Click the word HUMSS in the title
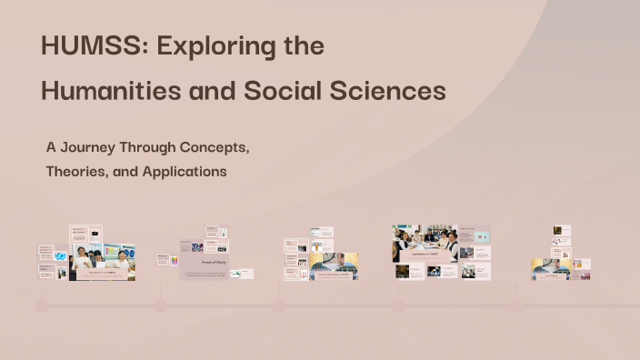click(x=80, y=47)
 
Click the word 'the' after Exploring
click(x=296, y=47)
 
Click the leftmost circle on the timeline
click(x=42, y=306)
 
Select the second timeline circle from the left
click(x=161, y=306)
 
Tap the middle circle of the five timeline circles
click(x=279, y=306)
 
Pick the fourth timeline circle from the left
click(x=398, y=306)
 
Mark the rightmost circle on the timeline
click(x=516, y=306)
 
